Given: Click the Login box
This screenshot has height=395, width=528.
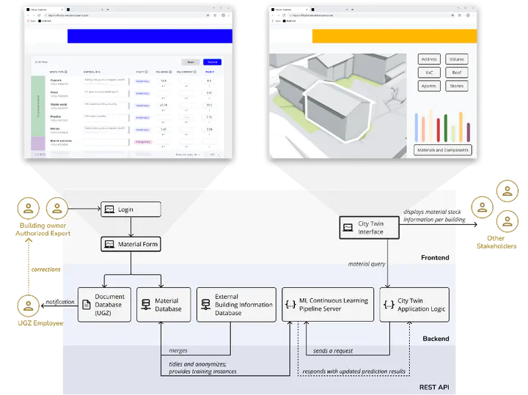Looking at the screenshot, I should (130, 210).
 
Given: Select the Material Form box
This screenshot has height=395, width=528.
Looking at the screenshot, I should (131, 244).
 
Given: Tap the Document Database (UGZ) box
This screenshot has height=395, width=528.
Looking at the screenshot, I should (104, 304).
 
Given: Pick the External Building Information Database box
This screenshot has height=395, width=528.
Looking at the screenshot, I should (236, 304).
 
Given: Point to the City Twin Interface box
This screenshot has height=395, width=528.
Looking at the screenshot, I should (370, 227).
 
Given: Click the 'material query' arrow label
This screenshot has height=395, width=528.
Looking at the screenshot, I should (367, 264).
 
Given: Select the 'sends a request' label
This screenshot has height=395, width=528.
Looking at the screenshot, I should (334, 351).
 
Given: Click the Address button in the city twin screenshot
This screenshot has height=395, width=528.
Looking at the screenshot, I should (429, 59).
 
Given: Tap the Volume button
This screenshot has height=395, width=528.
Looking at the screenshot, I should (456, 59).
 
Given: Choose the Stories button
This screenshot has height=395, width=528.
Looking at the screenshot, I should (456, 86).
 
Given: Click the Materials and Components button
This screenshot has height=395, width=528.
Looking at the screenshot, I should (442, 149).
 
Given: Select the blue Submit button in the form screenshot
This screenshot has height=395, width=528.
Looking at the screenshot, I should (211, 62).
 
